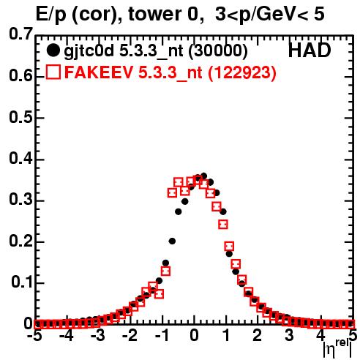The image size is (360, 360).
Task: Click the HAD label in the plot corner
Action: click(310, 50)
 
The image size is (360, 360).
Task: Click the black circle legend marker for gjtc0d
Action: click(53, 50)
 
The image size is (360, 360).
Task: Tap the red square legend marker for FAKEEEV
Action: click(53, 72)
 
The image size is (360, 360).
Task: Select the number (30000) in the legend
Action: click(218, 50)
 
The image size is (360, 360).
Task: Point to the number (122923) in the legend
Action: click(242, 72)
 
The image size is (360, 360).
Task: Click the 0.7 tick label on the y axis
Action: click(20, 34)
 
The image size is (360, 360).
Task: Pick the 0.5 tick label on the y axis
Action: click(20, 117)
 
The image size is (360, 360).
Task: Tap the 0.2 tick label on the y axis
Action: click(20, 241)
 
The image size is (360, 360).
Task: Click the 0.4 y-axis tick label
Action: click(20, 159)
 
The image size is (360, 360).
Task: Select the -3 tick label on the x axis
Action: click(97, 335)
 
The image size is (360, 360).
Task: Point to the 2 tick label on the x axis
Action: click(258, 335)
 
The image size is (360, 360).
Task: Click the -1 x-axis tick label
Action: click(162, 335)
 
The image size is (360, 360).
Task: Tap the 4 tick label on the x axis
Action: click(321, 335)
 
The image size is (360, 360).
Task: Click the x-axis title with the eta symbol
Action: click(338, 349)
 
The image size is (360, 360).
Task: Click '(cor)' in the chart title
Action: click(95, 15)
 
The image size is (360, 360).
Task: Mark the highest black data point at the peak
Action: click(203, 176)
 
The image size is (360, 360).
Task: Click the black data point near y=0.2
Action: click(172, 241)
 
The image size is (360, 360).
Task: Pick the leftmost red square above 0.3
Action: click(172, 193)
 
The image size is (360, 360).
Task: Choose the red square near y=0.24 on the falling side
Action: click(223, 224)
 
